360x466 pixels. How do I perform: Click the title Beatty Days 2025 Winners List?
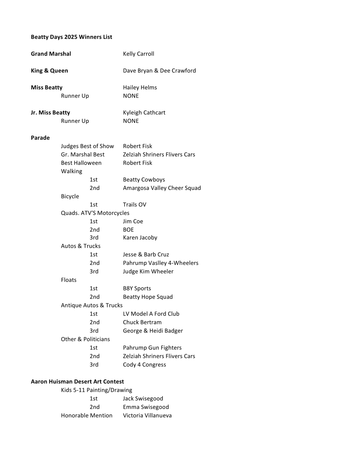(x=72, y=37)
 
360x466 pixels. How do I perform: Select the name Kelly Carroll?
(x=138, y=54)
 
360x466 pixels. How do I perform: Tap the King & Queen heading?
(x=50, y=71)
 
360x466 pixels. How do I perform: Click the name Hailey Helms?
(x=140, y=88)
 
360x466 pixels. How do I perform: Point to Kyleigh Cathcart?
(x=144, y=113)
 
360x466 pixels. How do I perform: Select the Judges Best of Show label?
(x=87, y=146)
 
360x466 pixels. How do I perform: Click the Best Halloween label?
(x=81, y=163)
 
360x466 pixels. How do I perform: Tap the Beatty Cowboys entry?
(x=144, y=180)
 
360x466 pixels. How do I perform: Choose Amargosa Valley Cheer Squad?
(x=162, y=188)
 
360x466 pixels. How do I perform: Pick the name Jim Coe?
(x=133, y=222)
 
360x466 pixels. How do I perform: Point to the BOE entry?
(x=128, y=230)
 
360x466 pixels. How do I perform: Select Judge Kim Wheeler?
(x=148, y=272)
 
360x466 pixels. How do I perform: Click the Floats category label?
(x=69, y=280)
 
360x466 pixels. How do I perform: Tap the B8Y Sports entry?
(x=137, y=288)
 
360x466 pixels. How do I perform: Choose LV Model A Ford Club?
(x=151, y=314)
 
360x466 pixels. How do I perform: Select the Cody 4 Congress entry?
(x=144, y=365)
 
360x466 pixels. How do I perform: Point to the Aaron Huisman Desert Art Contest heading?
(x=78, y=382)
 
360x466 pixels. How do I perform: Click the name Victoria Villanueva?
(x=147, y=416)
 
